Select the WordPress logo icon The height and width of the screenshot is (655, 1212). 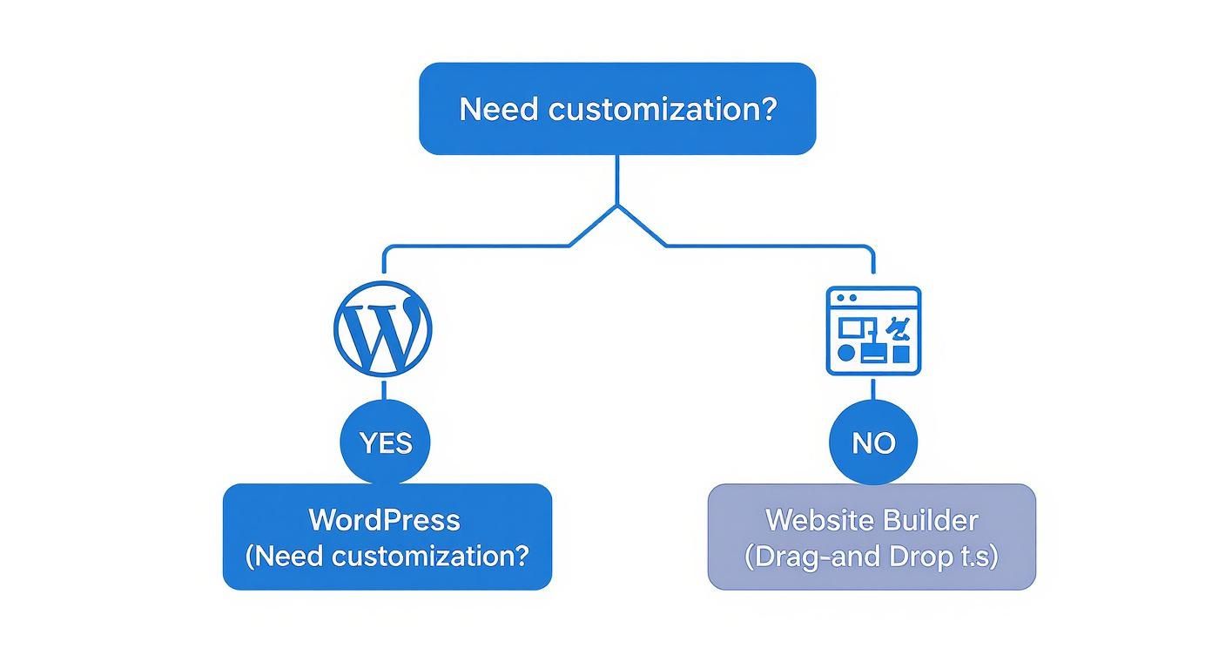382,330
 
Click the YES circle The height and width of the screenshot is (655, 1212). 385,442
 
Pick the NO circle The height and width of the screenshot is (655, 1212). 873,442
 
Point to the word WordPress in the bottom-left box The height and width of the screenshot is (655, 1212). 384,520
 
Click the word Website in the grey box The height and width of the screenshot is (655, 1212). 819,520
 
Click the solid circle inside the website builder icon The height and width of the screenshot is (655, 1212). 845,353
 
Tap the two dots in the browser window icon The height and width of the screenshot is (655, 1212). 847,298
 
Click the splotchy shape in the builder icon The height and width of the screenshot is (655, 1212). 898,328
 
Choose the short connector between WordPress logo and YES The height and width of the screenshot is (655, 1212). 384,389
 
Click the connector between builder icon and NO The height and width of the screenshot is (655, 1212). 873,388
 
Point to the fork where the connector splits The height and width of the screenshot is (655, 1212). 617,207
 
